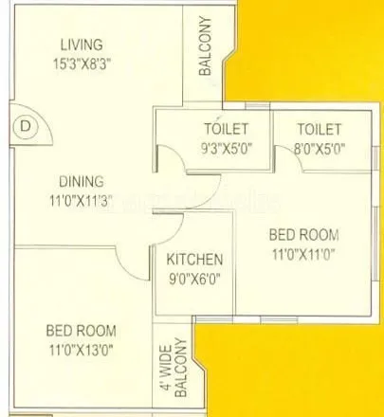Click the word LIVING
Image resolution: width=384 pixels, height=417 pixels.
(81, 44)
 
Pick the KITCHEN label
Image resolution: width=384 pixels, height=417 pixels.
(194, 259)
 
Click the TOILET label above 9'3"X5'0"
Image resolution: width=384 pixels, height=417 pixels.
(226, 129)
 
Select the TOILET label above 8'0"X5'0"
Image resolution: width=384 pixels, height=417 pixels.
(319, 129)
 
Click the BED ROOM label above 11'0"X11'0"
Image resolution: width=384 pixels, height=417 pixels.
(303, 234)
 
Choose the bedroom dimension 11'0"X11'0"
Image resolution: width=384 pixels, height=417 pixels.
(303, 253)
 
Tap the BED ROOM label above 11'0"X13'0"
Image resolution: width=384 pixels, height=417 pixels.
(81, 331)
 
